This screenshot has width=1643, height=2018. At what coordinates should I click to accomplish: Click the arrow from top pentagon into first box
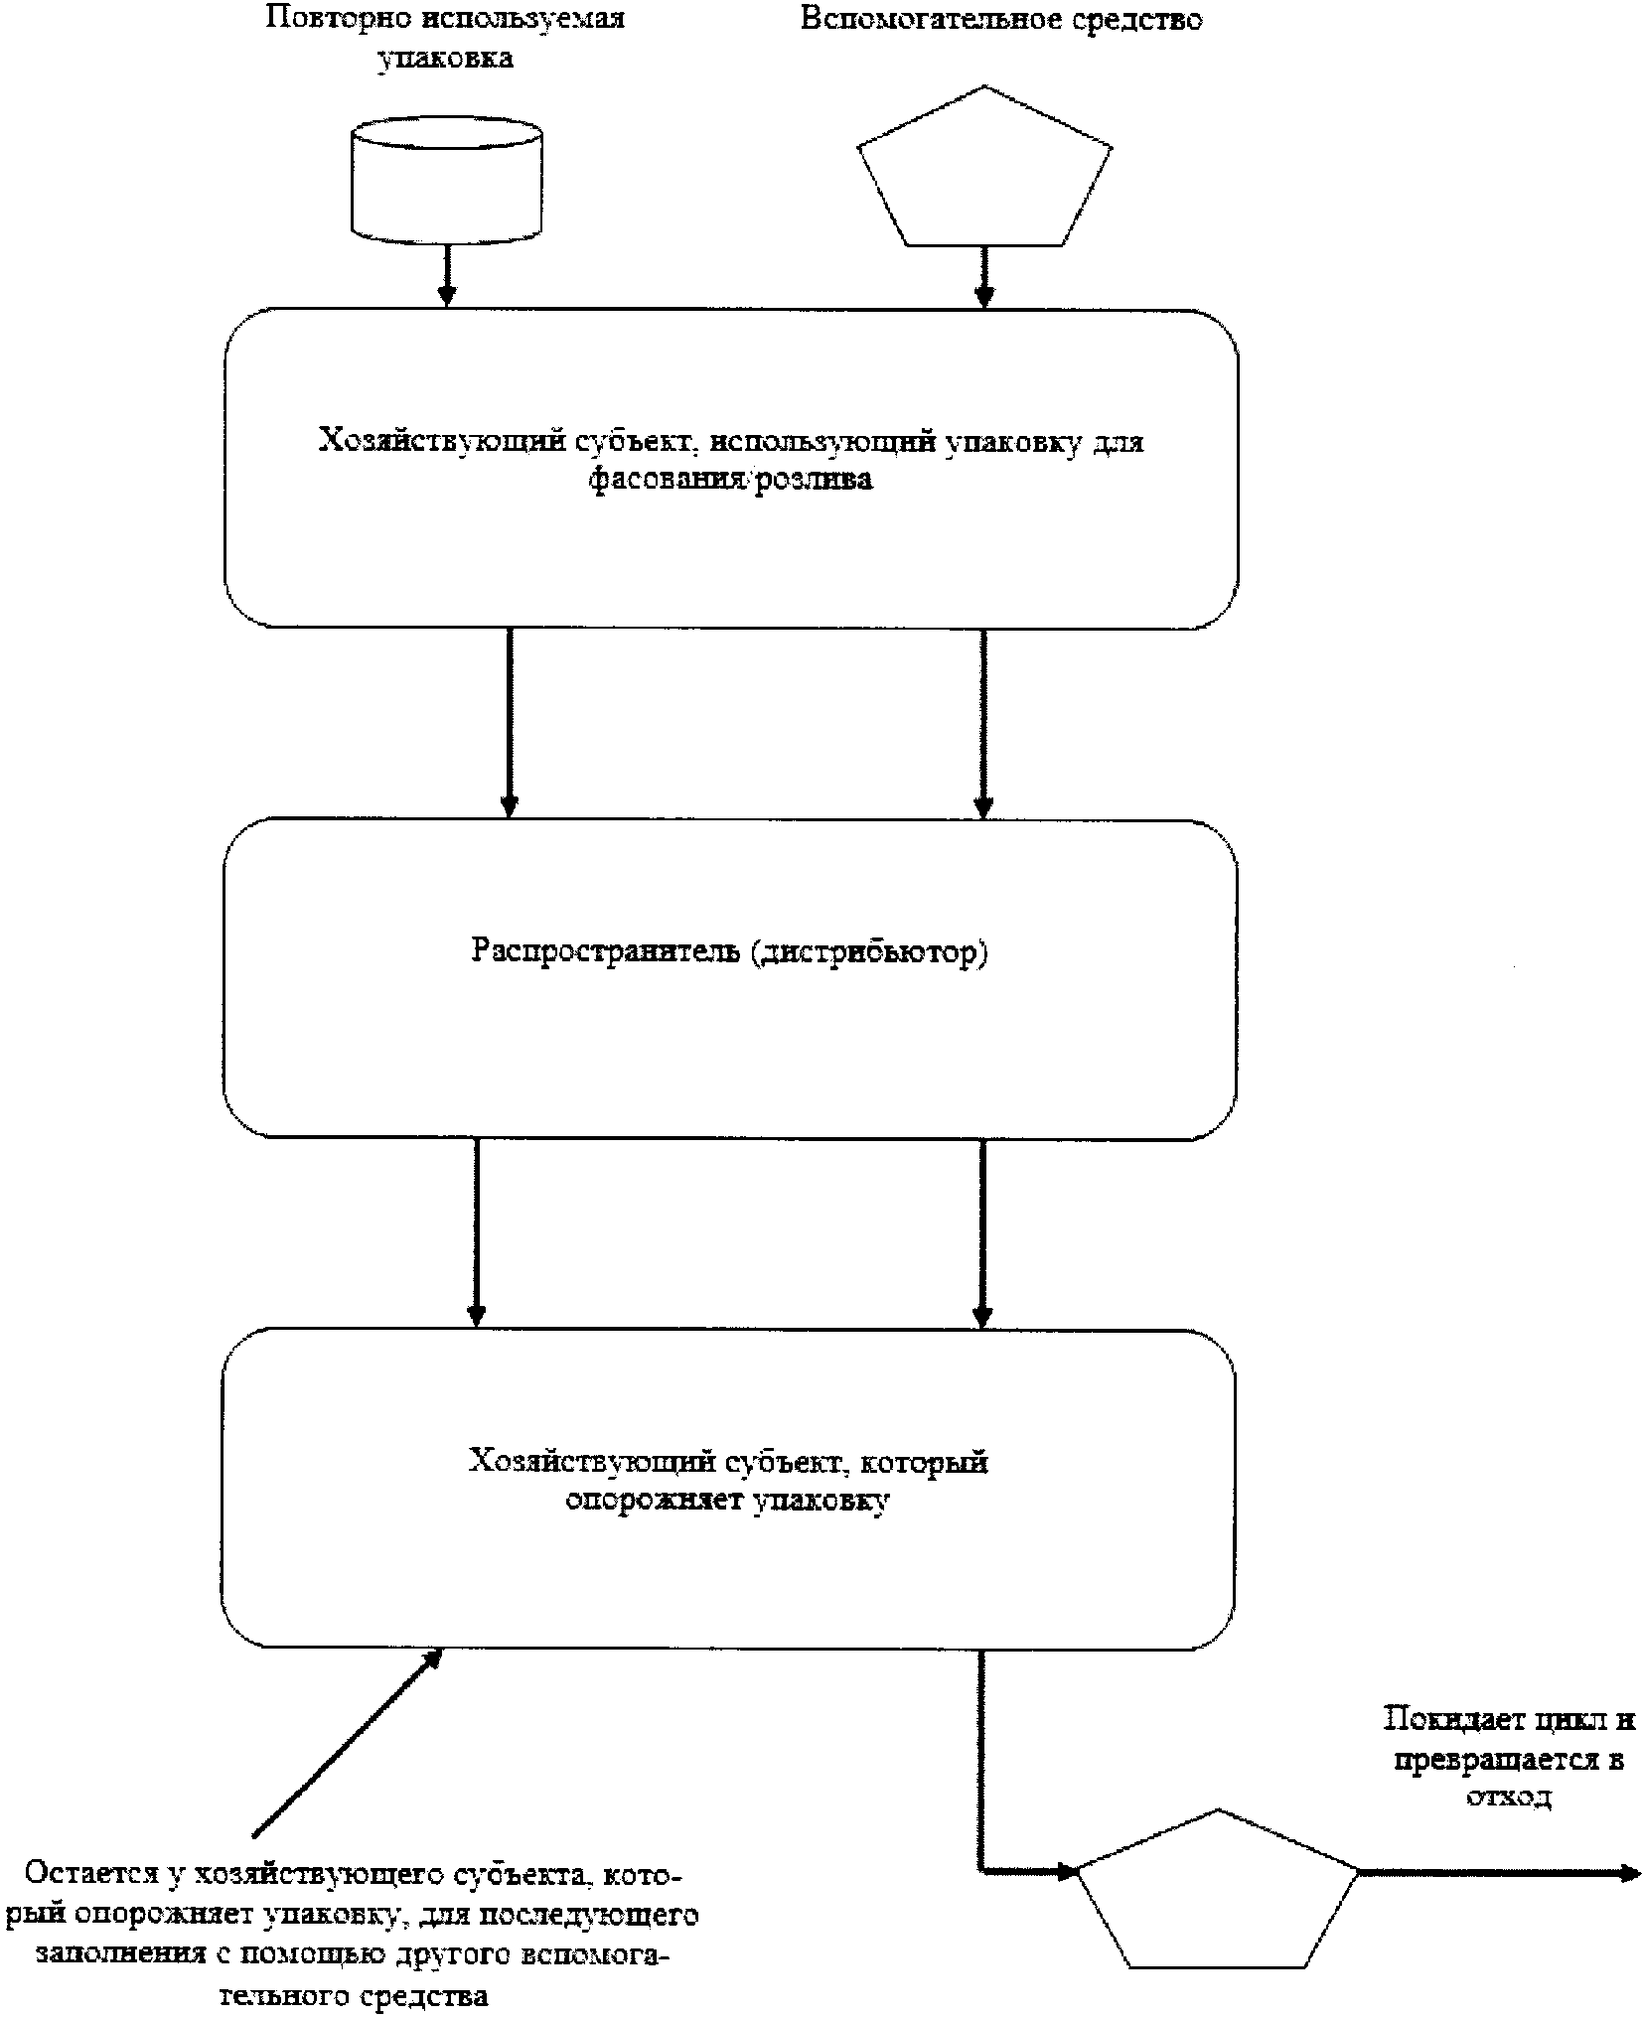point(983,276)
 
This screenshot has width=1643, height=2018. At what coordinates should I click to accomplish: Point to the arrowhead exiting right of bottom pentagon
point(1629,1873)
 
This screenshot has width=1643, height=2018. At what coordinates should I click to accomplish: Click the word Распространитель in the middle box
point(606,950)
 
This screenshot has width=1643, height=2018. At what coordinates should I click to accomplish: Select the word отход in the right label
point(1507,1796)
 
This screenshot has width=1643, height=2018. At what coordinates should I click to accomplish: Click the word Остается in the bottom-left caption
point(88,1873)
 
